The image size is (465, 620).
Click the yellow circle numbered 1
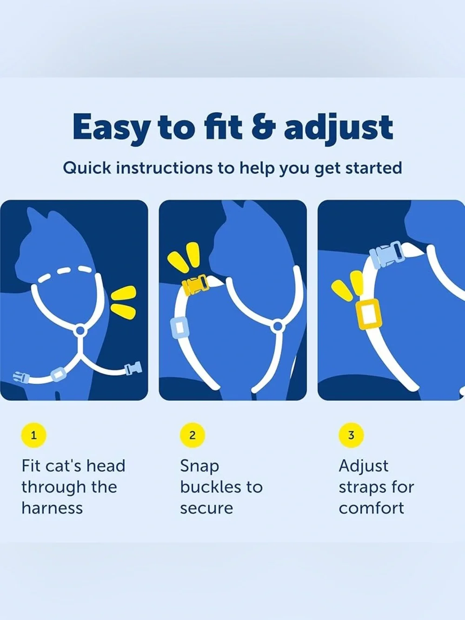click(34, 435)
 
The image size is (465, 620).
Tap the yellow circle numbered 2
click(192, 435)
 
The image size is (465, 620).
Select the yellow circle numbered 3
click(351, 435)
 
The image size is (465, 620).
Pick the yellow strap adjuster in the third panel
click(369, 314)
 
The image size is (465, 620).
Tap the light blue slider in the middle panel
click(179, 327)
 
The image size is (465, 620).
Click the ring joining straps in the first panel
click(80, 330)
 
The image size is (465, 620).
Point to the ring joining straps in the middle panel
click(278, 326)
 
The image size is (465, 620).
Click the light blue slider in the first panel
click(58, 374)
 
